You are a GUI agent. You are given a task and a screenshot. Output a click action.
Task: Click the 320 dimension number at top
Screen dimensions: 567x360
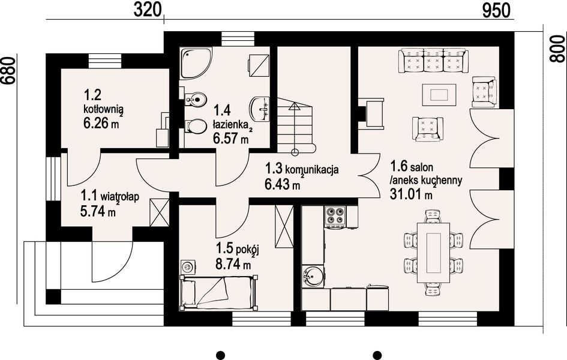(147, 10)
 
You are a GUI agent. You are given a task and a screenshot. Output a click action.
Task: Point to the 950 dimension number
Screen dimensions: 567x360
(496, 10)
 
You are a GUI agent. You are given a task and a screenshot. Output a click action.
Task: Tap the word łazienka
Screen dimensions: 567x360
(230, 125)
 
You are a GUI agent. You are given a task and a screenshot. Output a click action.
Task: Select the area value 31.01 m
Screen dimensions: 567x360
(411, 194)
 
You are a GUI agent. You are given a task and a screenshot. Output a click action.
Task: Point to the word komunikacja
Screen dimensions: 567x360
(312, 169)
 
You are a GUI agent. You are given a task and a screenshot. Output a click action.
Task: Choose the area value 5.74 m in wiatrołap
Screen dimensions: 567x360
(98, 211)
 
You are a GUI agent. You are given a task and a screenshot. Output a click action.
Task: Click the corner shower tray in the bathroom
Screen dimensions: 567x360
(196, 63)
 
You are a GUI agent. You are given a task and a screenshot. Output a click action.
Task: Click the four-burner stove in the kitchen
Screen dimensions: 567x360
(335, 216)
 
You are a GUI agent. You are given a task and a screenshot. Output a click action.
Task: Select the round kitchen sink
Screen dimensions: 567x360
(313, 277)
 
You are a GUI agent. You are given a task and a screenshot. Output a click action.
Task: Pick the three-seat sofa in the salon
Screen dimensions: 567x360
(433, 61)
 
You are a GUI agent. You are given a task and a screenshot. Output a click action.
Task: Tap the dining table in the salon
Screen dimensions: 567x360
(433, 252)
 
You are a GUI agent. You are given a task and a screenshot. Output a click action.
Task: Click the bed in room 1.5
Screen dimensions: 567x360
(218, 292)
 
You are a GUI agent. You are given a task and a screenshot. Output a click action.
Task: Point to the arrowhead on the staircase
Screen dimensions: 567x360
(295, 106)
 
